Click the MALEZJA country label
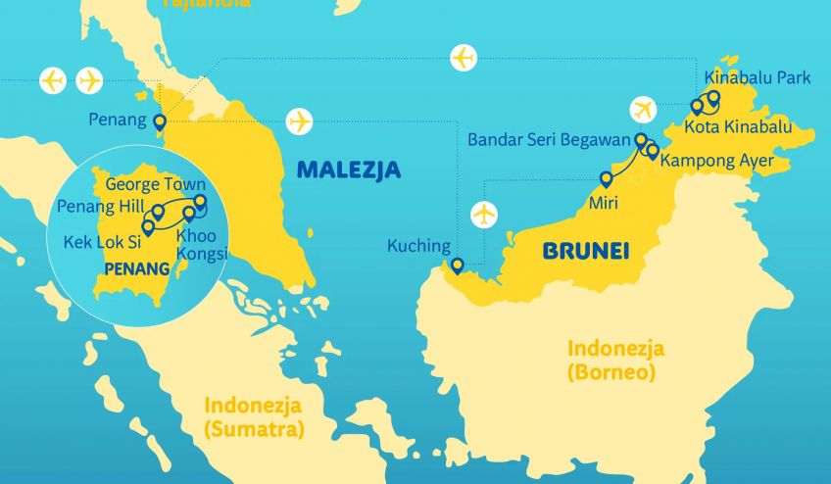click(x=348, y=169)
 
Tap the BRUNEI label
click(x=585, y=252)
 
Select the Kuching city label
click(x=418, y=246)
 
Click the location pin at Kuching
click(x=457, y=266)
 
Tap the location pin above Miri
click(x=607, y=179)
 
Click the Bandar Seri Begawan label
click(x=548, y=140)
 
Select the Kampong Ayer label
click(x=716, y=160)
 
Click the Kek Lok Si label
click(x=101, y=240)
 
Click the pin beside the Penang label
click(x=160, y=122)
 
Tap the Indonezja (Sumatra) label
click(x=253, y=417)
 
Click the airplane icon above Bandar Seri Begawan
click(x=644, y=109)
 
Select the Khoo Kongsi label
click(x=201, y=245)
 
